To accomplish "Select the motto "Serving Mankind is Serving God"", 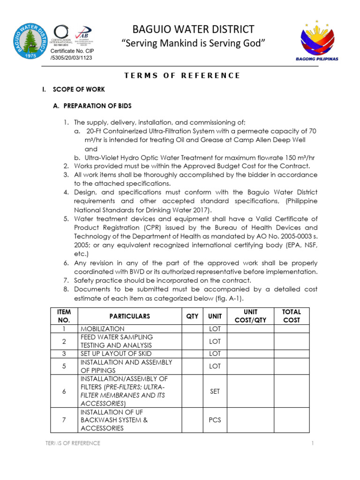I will coord(194,44).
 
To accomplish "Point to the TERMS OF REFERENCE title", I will coord(182,75).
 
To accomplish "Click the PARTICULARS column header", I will coord(129,316).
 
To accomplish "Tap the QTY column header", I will coord(192,316).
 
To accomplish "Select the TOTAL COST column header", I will coord(291,315).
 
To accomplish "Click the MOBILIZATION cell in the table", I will coord(103,329).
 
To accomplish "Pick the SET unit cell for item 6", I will coord(215,391).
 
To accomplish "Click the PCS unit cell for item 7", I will coord(215,420).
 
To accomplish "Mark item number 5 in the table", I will coord(63,366).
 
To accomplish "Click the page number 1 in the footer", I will coord(311,443).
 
